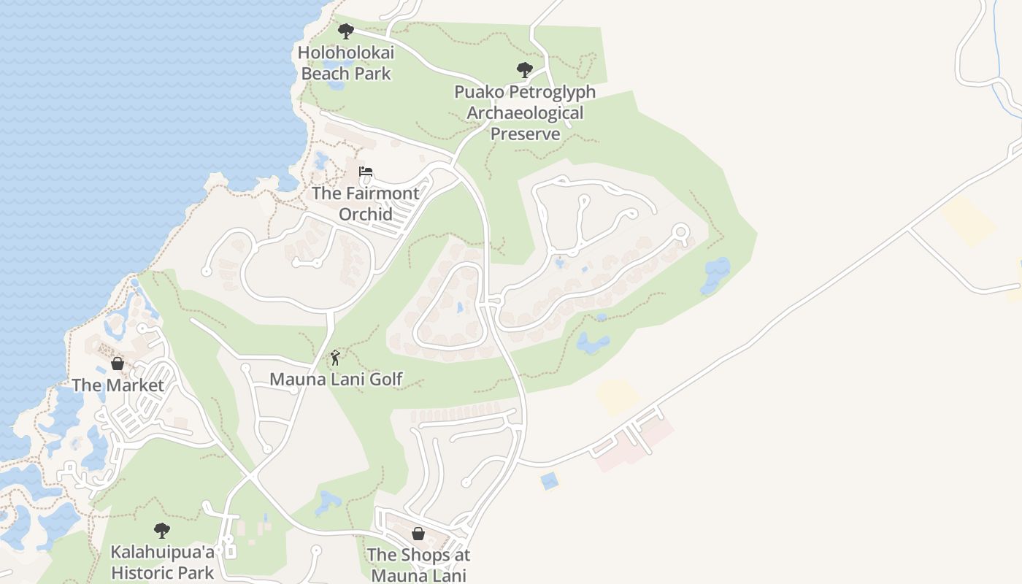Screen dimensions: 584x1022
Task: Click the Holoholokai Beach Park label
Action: click(x=346, y=64)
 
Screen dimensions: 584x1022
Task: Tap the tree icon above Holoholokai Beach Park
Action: click(x=346, y=31)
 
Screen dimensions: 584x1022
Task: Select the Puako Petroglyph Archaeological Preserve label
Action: click(x=525, y=113)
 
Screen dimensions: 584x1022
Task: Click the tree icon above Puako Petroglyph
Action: click(x=524, y=71)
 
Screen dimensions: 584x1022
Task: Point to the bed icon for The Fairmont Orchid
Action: click(x=366, y=172)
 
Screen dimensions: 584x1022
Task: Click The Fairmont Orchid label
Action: click(x=366, y=204)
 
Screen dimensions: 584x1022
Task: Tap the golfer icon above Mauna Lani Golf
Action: click(x=335, y=358)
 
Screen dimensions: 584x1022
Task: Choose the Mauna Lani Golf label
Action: click(x=336, y=380)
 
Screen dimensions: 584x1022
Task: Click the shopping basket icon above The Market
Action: click(x=118, y=364)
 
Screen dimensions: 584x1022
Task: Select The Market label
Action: click(x=118, y=385)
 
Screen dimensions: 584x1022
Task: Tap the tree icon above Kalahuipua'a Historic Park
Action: click(x=162, y=531)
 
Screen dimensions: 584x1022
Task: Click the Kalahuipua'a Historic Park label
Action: click(x=162, y=562)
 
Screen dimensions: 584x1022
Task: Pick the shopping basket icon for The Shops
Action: click(x=418, y=534)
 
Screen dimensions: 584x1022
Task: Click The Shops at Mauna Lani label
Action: click(x=418, y=565)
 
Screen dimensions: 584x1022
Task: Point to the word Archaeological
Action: click(x=525, y=113)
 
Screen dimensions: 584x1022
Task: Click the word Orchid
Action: click(x=366, y=215)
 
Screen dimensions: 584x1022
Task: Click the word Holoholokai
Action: click(x=346, y=53)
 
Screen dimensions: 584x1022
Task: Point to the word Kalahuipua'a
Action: click(x=162, y=552)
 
